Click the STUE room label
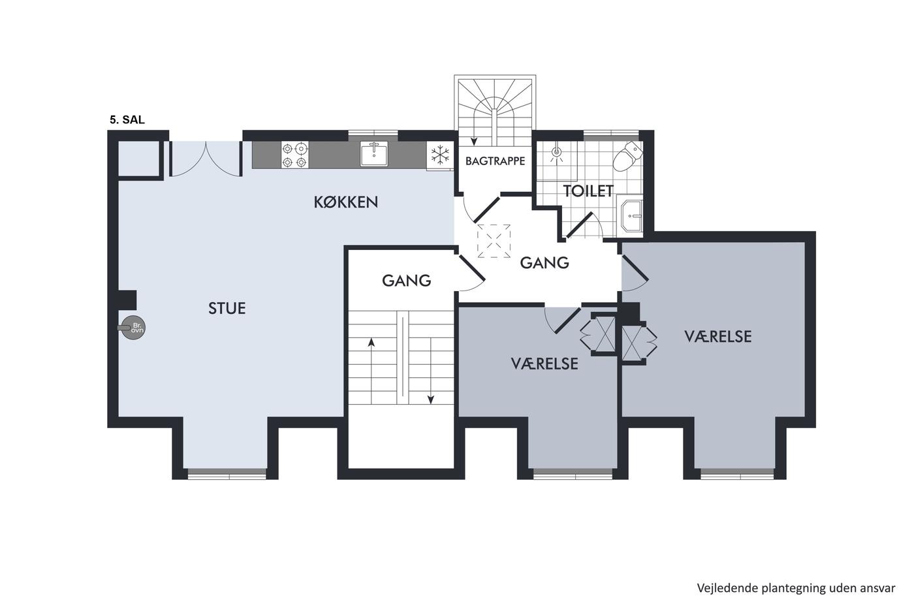[x=227, y=308]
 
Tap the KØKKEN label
[x=346, y=202]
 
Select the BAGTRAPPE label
[x=495, y=161]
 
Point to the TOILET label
[x=588, y=191]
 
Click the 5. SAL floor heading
[x=127, y=120]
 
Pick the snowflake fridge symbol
[x=440, y=155]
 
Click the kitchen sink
[x=373, y=155]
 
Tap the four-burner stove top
[x=294, y=155]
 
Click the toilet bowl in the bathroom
[x=627, y=157]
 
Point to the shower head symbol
[x=556, y=152]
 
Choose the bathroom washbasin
[x=631, y=216]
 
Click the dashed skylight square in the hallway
[x=494, y=241]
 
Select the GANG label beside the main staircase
[x=406, y=281]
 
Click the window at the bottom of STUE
[x=227, y=474]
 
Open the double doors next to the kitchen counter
[x=205, y=159]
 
